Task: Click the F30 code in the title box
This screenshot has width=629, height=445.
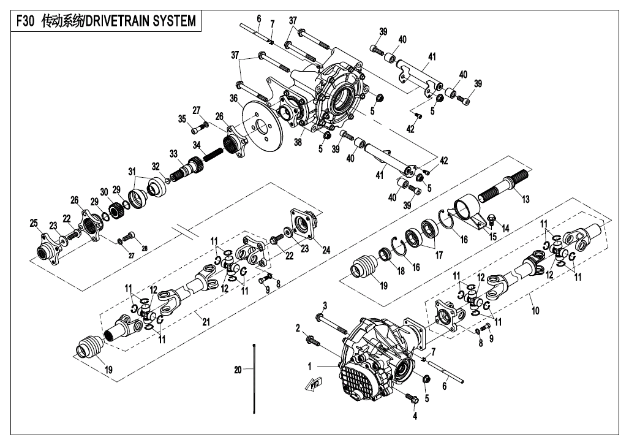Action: [25, 21]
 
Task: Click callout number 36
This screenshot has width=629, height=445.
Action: [235, 99]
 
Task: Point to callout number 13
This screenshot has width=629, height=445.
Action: [525, 199]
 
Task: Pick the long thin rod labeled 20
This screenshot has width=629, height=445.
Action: [254, 378]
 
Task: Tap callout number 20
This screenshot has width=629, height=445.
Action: [238, 370]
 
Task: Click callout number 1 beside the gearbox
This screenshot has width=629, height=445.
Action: [310, 367]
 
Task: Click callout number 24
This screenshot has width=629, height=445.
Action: [326, 250]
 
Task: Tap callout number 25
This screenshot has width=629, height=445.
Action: [34, 223]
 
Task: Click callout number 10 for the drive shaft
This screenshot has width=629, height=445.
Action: [535, 310]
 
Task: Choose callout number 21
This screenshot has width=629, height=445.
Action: [206, 321]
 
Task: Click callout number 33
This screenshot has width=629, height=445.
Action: [173, 154]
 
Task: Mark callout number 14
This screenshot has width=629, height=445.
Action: [505, 229]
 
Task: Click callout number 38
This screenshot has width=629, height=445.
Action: [298, 142]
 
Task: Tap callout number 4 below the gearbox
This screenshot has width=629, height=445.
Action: [415, 416]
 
